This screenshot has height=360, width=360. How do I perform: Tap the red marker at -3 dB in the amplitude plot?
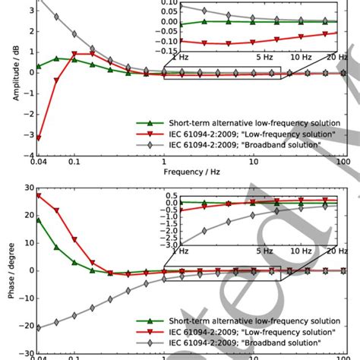point(38,137)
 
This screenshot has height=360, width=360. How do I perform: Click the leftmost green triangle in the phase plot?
point(38,219)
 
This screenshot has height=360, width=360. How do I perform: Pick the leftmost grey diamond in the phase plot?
point(38,327)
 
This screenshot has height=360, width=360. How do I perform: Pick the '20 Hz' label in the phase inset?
point(327,251)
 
